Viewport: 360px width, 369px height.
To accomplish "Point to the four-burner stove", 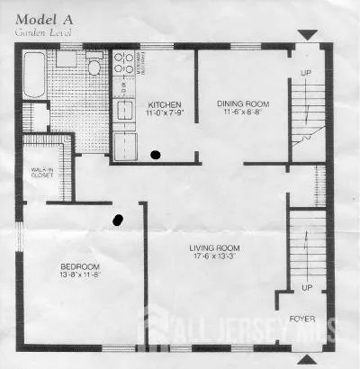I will coord(123,64).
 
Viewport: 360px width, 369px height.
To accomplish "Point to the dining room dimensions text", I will coord(241,112).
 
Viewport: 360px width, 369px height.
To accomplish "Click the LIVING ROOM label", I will coord(213,247).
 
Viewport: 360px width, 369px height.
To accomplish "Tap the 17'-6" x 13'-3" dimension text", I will coord(213,256).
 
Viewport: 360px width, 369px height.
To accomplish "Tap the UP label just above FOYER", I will coord(307,288).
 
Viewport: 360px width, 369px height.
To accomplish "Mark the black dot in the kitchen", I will coord(157,155).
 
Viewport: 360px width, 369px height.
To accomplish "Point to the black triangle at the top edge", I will coord(308,35).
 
